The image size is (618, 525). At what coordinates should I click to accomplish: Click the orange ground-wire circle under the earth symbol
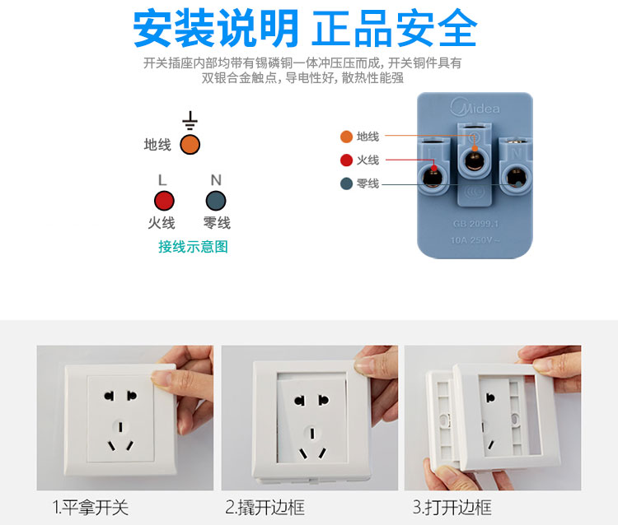coord(190,145)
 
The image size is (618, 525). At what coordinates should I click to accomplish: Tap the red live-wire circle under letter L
coord(164,200)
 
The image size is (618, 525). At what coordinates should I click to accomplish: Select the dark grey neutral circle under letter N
coord(216,200)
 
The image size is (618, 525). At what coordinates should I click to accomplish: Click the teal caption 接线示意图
coord(193,246)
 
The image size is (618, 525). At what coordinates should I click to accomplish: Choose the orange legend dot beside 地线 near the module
coord(346,137)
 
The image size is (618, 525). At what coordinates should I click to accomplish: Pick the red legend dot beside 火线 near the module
coord(346,160)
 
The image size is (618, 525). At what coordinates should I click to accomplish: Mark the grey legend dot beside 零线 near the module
coord(346,184)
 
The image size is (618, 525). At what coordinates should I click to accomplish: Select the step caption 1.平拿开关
coord(91,507)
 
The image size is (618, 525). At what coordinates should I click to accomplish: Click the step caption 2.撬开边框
coord(265,507)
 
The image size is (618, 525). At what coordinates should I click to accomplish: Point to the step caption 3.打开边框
coord(452,507)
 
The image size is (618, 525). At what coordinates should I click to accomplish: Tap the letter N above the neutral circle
coord(216,179)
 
